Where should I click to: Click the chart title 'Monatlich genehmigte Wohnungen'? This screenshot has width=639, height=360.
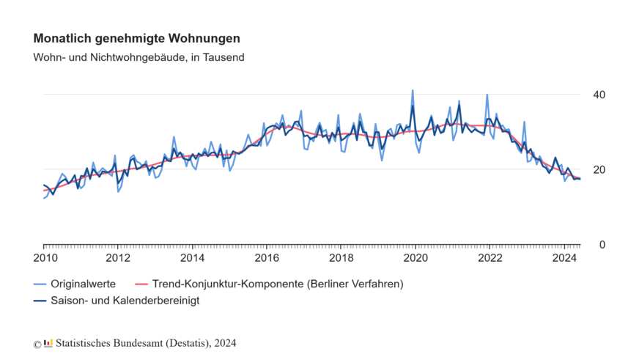(x=137, y=38)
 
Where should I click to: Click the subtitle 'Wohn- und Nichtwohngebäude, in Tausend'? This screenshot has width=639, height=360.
(x=139, y=56)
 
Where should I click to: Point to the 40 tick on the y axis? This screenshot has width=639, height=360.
(x=599, y=95)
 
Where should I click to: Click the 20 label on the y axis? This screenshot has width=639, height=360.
(x=599, y=169)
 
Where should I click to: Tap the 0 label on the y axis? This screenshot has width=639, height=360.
(x=602, y=244)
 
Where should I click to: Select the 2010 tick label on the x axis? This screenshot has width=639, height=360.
(x=44, y=258)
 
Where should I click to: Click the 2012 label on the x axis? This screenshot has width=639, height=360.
(x=118, y=258)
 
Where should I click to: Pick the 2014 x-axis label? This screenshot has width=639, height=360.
(x=193, y=258)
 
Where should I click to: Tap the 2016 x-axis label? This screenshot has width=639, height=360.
(x=267, y=258)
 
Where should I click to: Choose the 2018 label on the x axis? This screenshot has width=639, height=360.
(x=341, y=258)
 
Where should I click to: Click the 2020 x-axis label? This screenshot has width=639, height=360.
(x=416, y=258)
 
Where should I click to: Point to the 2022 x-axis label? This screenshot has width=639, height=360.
(x=490, y=258)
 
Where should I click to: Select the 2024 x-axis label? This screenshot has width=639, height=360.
(x=565, y=258)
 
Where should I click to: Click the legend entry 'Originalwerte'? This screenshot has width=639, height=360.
(x=78, y=283)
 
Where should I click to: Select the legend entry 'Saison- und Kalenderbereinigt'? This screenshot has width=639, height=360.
(x=125, y=300)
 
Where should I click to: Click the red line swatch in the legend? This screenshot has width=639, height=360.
(x=144, y=283)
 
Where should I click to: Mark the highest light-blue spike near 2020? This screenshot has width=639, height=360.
(x=413, y=91)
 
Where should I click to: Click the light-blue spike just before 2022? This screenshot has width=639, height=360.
(x=487, y=95)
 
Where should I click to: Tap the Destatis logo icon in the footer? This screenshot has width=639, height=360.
(x=48, y=342)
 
